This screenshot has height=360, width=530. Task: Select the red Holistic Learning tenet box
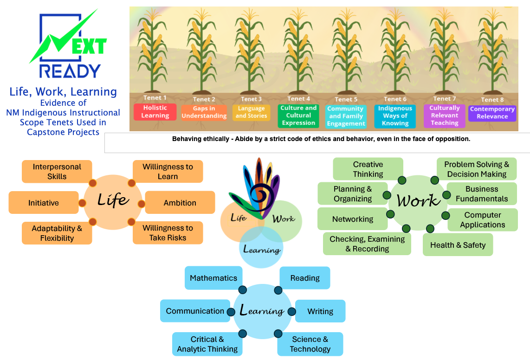pos(155,112)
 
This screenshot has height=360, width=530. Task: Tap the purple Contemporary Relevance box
pos(492,113)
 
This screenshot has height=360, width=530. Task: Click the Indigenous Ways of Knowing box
pos(395,116)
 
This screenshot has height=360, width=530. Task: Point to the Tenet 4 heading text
pos(298,98)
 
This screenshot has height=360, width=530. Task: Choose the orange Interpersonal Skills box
pos(57,172)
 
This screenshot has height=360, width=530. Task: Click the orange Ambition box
pos(180,203)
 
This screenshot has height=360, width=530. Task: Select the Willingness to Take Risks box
pos(168,233)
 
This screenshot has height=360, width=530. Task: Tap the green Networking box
pos(353,219)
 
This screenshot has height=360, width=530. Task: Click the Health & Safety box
pos(458,245)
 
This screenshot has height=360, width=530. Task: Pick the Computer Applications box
pos(483,220)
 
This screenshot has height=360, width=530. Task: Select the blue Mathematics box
pos(213,278)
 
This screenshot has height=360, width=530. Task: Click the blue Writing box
pos(320,311)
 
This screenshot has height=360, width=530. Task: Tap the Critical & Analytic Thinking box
pos(207,344)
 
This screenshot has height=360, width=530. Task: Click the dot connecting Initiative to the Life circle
pos(82,203)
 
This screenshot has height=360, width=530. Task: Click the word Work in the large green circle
pos(418,201)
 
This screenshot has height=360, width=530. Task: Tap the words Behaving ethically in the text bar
pos(195,139)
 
